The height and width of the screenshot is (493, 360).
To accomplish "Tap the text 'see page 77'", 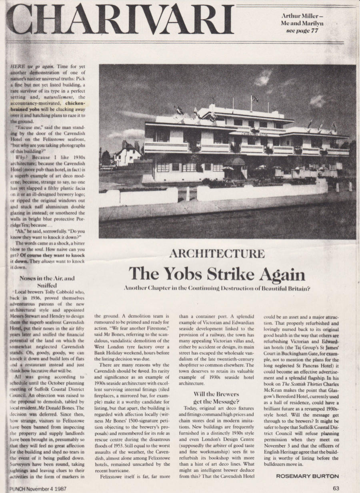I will pos(302,31).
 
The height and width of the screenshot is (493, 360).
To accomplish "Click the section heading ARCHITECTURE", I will pos(217,253).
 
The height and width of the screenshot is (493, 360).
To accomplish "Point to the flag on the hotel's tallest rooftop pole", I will pos(255,98).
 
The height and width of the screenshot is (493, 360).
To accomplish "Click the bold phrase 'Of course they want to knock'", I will pos(49,254).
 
